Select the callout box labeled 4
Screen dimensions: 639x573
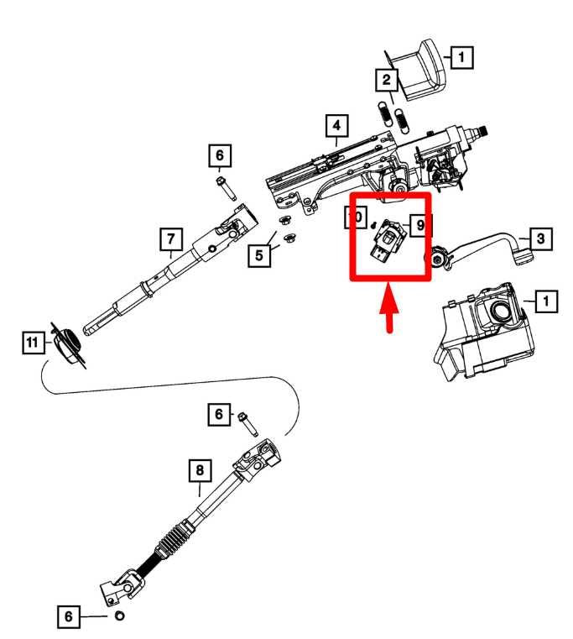(x=336, y=127)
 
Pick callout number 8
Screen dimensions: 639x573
(x=199, y=471)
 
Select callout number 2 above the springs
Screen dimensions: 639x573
(x=386, y=81)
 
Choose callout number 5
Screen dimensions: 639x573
(x=263, y=253)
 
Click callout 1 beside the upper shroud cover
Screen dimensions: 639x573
(x=460, y=57)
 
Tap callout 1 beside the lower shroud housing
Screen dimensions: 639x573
(x=544, y=299)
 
